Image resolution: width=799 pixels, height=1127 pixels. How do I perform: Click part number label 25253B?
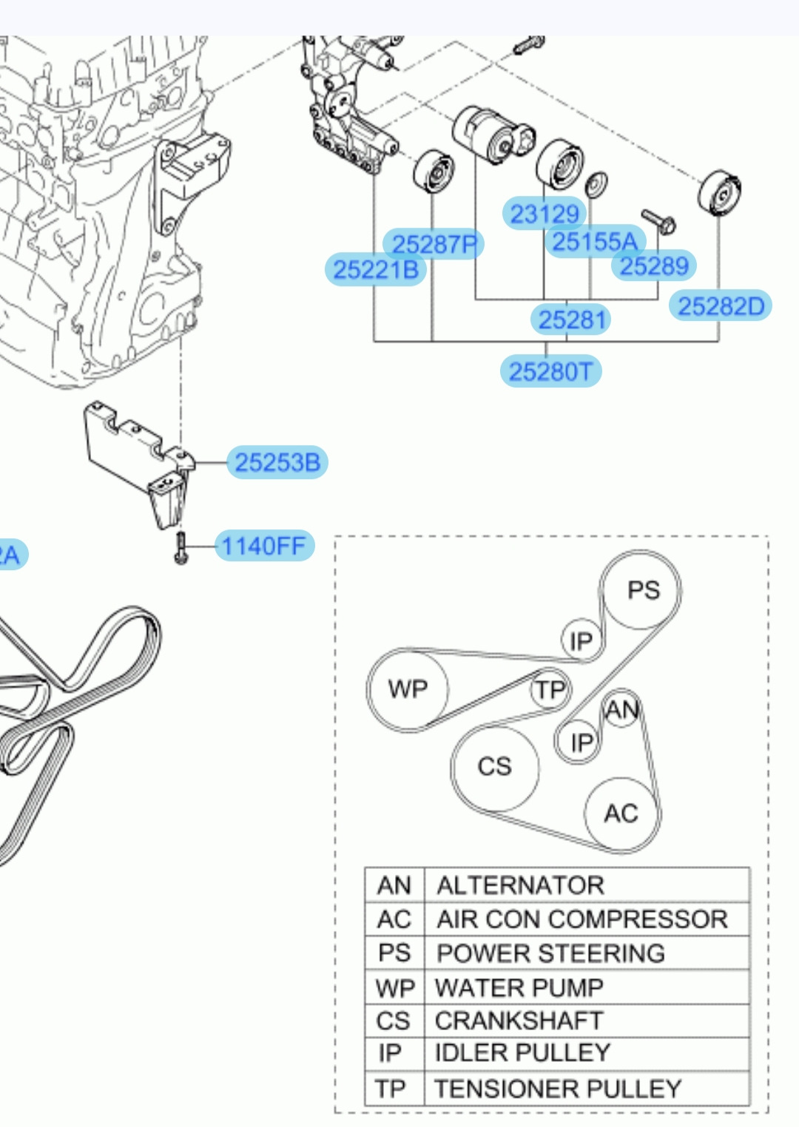277,462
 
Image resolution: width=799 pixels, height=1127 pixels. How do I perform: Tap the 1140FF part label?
265,546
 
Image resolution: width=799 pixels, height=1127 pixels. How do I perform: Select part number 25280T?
550,371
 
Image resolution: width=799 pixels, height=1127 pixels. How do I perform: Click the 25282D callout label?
721,305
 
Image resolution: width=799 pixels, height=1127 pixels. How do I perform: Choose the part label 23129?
545,213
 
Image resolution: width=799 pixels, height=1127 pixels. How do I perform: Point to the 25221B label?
376,269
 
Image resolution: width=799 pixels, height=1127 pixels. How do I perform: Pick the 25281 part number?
571,319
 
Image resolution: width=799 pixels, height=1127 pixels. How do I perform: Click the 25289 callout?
653,265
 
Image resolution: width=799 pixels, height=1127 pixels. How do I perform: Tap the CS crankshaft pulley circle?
496,768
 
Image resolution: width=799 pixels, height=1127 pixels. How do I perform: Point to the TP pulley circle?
550,689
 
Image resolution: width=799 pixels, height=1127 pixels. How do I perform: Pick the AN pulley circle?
621,709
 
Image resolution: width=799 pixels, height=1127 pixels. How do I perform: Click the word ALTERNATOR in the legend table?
520,885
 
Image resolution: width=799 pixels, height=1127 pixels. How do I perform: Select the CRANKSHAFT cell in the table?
519,1021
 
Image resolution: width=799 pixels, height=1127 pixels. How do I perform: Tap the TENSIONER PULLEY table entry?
558,1089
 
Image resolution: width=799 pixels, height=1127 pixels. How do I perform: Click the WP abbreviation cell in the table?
395,988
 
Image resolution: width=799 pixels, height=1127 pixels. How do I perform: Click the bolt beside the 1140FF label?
181,548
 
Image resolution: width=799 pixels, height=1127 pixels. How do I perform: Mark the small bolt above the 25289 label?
658,222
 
